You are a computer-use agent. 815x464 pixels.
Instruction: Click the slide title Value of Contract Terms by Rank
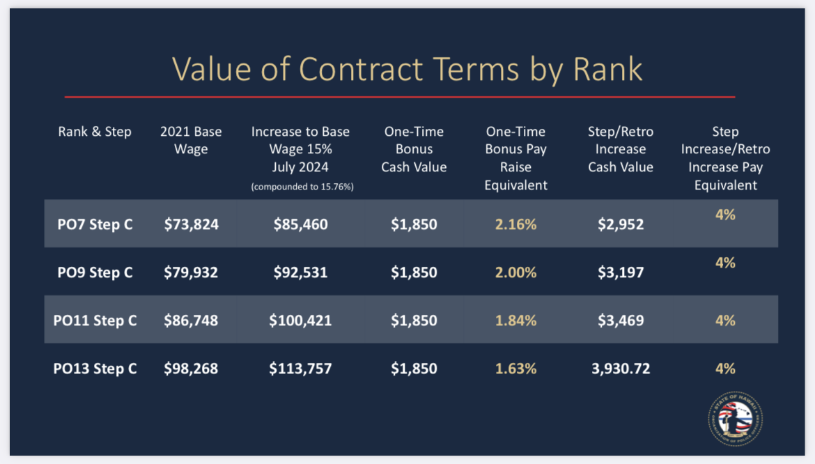[407, 69]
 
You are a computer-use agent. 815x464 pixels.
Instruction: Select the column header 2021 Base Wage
[191, 140]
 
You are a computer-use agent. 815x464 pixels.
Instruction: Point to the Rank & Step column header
[95, 132]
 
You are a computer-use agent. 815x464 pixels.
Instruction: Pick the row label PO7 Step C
[95, 224]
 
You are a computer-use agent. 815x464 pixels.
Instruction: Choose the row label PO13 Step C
[95, 369]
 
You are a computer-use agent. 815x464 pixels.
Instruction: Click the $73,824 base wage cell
[191, 224]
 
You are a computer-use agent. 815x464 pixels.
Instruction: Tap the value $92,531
[300, 272]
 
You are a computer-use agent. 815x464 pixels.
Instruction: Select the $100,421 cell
[300, 320]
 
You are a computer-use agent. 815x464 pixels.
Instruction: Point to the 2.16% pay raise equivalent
[515, 224]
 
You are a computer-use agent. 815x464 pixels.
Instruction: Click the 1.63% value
[515, 369]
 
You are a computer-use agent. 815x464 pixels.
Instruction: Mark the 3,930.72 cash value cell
[620, 369]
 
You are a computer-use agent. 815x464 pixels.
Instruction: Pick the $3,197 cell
[620, 272]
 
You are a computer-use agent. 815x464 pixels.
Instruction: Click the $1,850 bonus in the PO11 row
[414, 320]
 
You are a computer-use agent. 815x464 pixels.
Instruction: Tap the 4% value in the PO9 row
[725, 263]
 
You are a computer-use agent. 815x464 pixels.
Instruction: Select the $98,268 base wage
[191, 369]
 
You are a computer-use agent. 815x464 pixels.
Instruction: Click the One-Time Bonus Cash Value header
[414, 149]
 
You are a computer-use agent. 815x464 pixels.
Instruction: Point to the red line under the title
[400, 97]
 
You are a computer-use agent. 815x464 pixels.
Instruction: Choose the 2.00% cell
[515, 272]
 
